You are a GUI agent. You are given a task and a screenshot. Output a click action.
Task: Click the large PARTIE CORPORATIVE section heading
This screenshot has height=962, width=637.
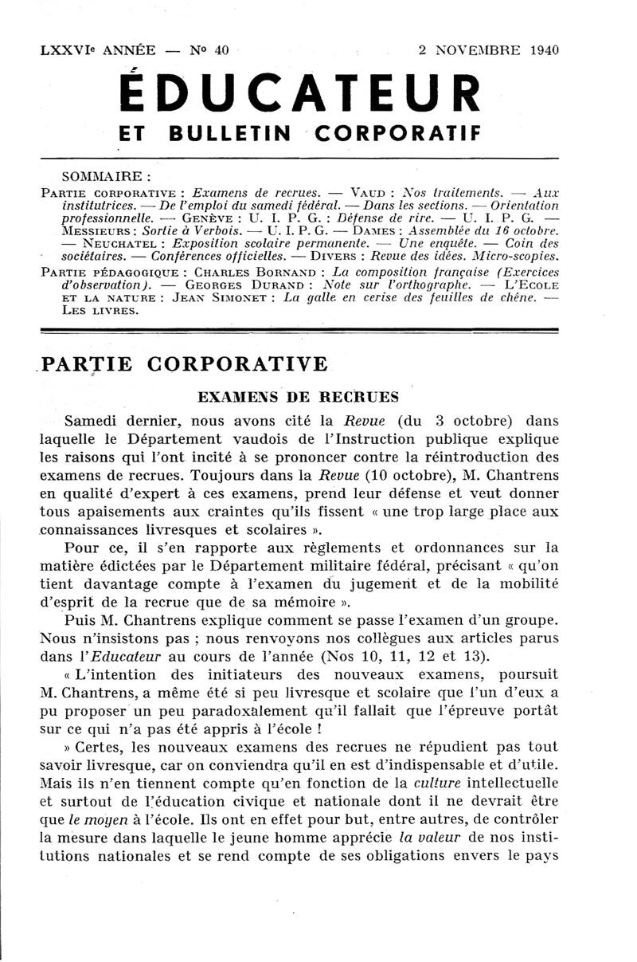coord(184,364)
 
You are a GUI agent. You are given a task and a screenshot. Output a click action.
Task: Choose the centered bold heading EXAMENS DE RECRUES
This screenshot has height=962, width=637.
coord(299,396)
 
